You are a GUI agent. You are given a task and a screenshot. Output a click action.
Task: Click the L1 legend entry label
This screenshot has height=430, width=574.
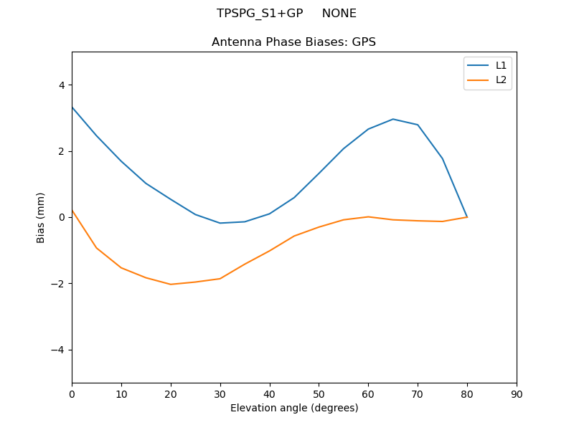click(x=501, y=65)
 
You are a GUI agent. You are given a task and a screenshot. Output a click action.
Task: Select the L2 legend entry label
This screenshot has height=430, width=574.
click(x=501, y=80)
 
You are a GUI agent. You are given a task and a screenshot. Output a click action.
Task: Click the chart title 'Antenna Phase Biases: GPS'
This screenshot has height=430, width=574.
click(x=293, y=42)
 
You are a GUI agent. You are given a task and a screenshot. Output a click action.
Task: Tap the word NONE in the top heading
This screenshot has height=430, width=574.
click(x=339, y=14)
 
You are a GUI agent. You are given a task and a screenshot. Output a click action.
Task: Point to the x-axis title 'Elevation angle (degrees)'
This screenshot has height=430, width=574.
click(x=293, y=408)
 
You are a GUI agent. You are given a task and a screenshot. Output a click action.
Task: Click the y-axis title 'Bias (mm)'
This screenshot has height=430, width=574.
click(x=41, y=217)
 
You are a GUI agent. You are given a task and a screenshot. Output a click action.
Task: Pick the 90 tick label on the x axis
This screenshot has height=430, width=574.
click(x=516, y=393)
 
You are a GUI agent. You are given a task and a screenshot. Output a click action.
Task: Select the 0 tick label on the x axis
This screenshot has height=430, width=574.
click(x=72, y=393)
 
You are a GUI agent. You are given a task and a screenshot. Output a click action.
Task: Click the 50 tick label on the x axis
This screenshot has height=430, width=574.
click(x=319, y=393)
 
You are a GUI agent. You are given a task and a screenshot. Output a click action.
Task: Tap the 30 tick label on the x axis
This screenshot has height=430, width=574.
click(x=220, y=393)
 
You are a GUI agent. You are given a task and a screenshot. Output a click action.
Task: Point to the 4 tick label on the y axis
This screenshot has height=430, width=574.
click(x=61, y=85)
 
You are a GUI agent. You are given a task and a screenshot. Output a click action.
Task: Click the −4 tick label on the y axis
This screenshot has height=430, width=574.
click(x=58, y=350)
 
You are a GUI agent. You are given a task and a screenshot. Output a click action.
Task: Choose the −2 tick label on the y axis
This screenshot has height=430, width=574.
click(x=58, y=284)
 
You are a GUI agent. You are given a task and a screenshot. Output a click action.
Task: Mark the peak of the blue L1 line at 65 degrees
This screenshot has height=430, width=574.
click(x=393, y=119)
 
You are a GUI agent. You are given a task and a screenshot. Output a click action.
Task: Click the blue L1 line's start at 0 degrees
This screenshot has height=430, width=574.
click(x=72, y=107)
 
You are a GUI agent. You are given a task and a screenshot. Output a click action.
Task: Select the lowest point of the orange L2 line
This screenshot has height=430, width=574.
click(x=171, y=285)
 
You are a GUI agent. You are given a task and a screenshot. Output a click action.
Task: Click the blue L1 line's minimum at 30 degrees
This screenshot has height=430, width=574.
click(x=220, y=223)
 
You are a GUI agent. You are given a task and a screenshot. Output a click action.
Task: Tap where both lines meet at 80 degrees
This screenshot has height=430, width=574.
click(x=467, y=217)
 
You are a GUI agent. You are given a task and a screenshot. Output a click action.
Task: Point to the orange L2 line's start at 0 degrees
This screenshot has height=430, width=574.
click(x=72, y=211)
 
